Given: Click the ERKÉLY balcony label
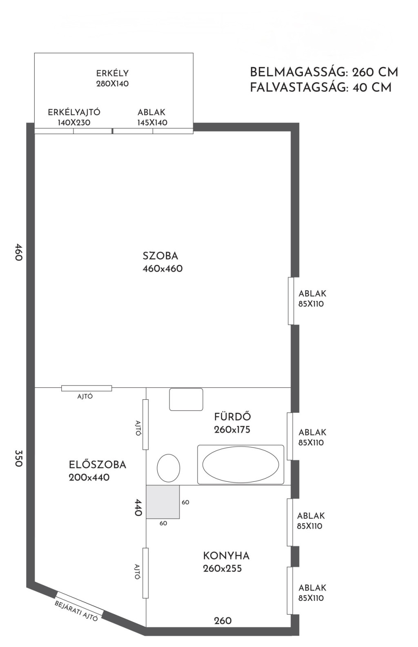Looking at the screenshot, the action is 112,73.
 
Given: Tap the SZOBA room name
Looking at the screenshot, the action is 160,256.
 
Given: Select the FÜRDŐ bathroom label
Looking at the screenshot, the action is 233,417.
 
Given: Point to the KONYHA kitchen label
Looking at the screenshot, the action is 226,556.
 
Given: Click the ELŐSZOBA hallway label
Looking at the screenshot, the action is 98,465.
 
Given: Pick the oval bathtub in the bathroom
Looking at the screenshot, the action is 240,464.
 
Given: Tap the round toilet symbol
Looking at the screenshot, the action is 169,468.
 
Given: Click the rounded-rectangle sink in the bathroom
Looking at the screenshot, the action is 186,399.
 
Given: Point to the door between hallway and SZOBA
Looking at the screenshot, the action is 87,388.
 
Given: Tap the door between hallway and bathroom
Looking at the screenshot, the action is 146,425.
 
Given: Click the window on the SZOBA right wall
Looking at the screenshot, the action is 291,301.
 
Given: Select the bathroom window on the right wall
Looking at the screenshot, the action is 290,436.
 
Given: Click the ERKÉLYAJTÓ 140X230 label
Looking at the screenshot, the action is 74,117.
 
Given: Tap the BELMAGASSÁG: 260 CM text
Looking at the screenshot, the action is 324,72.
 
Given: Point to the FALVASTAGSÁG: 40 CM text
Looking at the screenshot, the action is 320,87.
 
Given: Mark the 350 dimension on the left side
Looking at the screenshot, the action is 18,458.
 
